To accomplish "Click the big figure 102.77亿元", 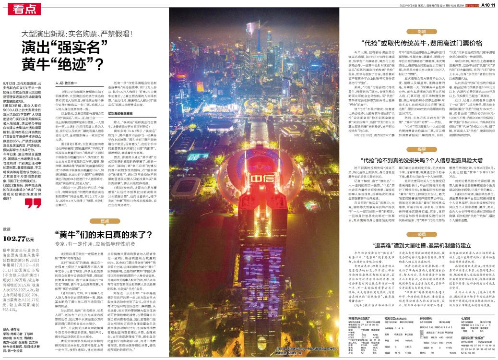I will [x=19, y=238].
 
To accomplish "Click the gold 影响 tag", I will [x=421, y=31].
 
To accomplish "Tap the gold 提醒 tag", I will [x=421, y=149].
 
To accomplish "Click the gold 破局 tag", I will [x=421, y=234].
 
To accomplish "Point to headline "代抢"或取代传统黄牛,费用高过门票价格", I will [x=415, y=42].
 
